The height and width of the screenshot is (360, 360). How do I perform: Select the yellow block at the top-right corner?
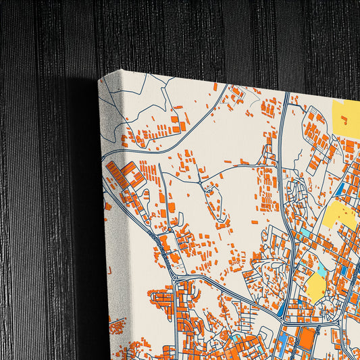tap(347, 116)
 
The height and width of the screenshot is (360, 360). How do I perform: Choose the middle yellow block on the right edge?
tap(341, 215)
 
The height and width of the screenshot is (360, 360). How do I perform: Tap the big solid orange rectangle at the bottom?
tap(307, 338)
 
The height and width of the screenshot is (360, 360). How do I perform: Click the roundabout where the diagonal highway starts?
tap(175, 277)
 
